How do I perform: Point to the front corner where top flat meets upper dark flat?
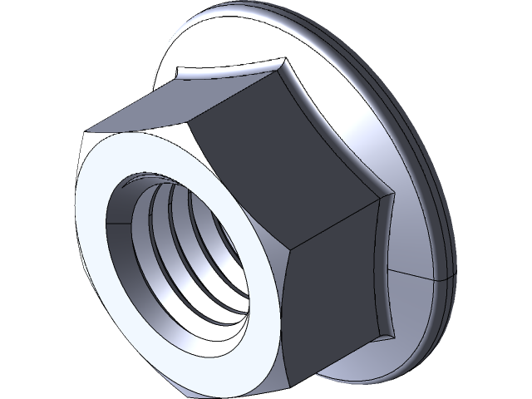tap(193, 122)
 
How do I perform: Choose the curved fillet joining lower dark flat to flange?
tap(384, 266)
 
